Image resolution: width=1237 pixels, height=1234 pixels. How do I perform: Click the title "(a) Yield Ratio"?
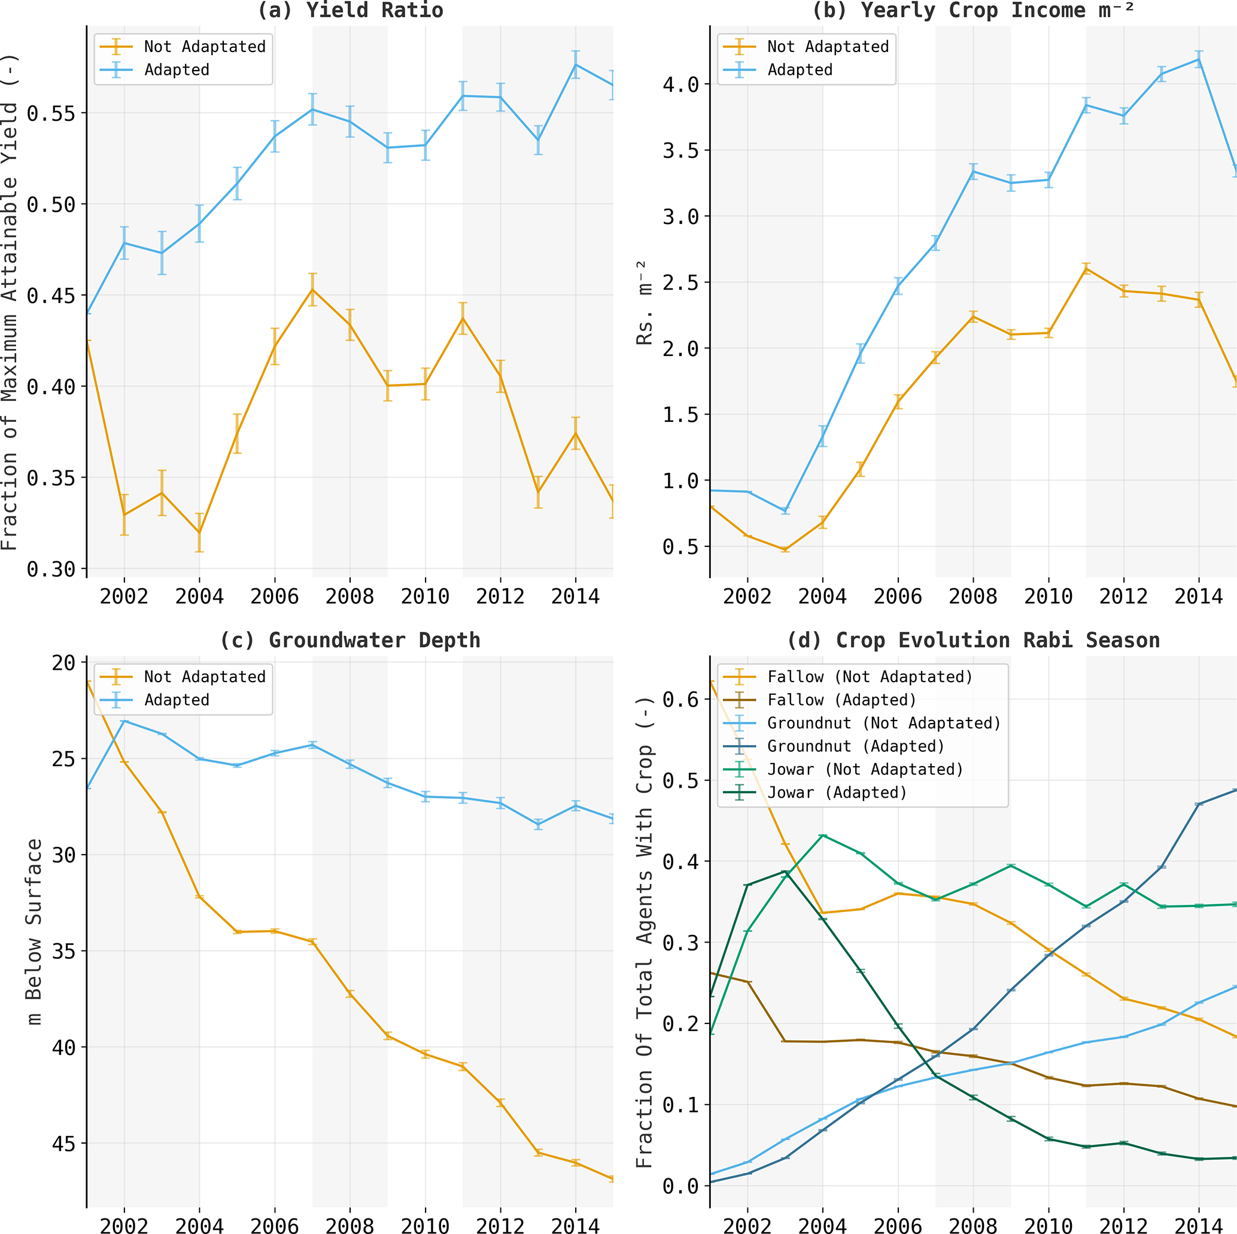coord(349,10)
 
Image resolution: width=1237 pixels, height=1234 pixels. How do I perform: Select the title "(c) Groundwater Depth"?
coord(349,640)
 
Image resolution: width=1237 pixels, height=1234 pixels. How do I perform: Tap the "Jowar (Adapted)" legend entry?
coord(837,793)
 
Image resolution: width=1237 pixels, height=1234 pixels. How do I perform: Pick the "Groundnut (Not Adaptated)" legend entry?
coord(883,723)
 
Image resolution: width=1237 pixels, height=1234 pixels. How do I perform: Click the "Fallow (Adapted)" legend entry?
coord(841,700)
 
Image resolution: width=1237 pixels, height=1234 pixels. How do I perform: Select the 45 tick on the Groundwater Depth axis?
coord(63,1144)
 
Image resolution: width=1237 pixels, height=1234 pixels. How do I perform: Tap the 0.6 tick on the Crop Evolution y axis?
coord(680,700)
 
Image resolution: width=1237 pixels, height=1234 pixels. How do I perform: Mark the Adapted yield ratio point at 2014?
coord(576,65)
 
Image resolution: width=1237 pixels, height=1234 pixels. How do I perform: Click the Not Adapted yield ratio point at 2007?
coord(312,290)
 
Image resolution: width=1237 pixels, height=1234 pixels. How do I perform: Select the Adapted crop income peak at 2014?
coord(1199,60)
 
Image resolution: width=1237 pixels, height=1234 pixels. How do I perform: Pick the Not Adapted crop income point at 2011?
coord(1086,269)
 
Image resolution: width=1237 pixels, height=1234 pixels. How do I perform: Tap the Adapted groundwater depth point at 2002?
coord(124,721)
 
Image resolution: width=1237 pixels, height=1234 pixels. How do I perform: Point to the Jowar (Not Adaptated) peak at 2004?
coord(823,835)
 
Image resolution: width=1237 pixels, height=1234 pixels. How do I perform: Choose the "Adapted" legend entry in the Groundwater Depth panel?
coord(176,700)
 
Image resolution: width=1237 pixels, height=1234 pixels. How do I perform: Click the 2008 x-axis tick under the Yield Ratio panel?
coord(349,597)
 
